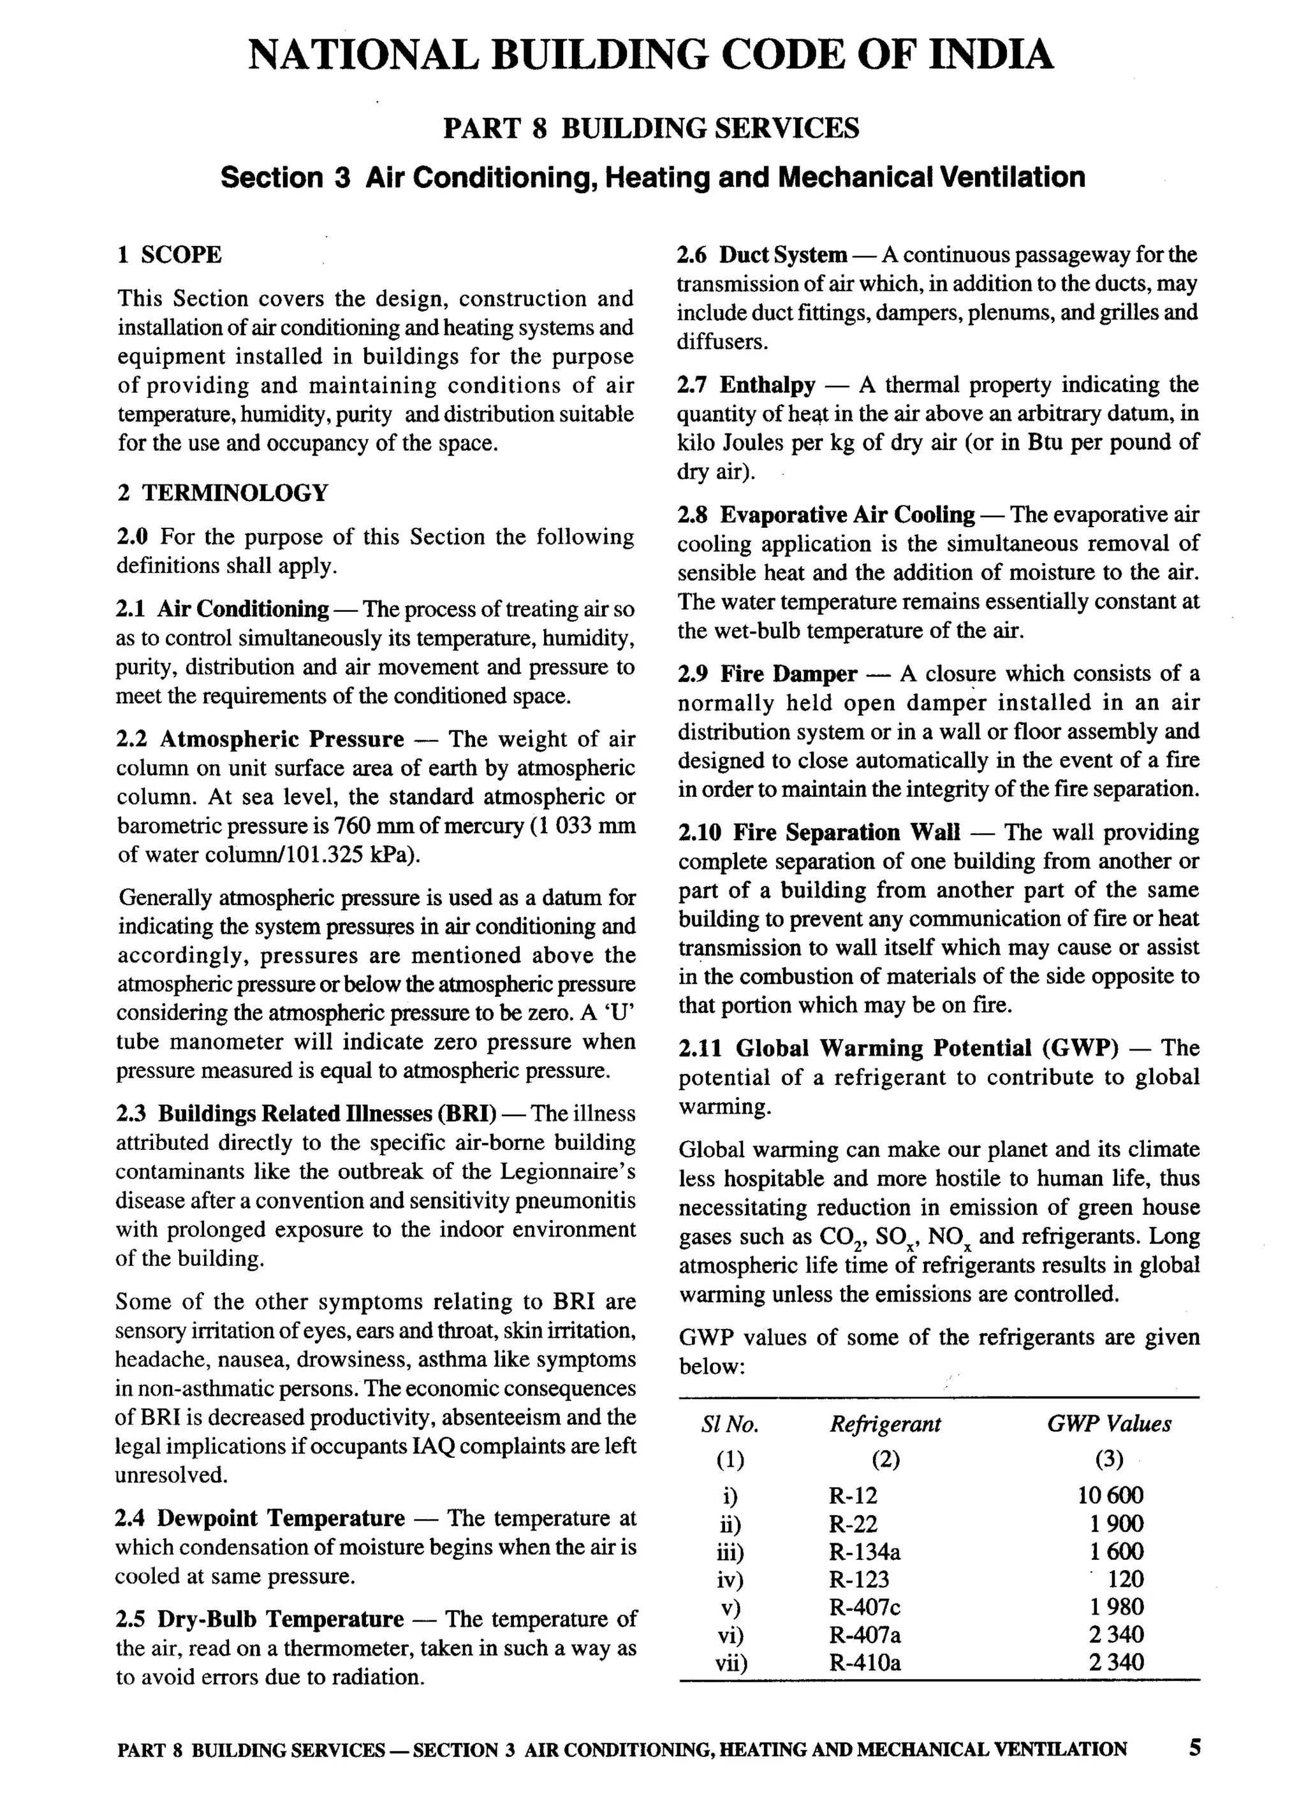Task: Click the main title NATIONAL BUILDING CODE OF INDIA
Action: (x=651, y=55)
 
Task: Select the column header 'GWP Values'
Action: (x=1109, y=1425)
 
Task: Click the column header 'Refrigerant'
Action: (x=885, y=1425)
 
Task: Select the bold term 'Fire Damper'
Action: (x=788, y=674)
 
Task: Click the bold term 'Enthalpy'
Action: (x=767, y=386)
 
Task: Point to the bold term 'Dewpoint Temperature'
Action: (x=281, y=1518)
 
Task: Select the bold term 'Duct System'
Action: (x=782, y=255)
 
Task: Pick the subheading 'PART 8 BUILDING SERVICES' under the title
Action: (x=651, y=128)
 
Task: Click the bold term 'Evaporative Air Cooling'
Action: (x=847, y=514)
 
